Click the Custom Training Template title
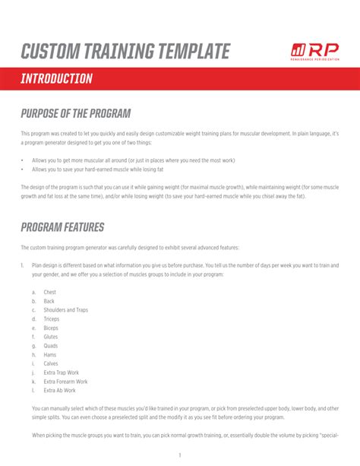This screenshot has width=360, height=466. point(125,52)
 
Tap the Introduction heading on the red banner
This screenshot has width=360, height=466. point(57,79)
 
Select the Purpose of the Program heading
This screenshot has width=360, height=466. point(76,113)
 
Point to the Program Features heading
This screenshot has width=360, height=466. point(62,227)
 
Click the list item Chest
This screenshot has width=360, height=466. point(50,292)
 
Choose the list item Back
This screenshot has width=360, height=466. point(49,301)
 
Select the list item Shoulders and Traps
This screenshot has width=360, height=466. point(65,310)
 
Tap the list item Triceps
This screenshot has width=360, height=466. point(52,319)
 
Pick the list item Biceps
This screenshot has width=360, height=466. point(51,328)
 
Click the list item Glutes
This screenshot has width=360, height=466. point(51,337)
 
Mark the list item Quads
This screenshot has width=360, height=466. point(51,346)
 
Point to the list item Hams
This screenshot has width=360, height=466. point(50,354)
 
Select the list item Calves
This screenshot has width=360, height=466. point(51,363)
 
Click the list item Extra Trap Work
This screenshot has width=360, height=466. point(62,372)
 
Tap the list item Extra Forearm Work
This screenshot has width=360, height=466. point(65,382)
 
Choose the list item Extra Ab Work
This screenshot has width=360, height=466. point(60,390)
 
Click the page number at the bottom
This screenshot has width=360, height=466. point(180,455)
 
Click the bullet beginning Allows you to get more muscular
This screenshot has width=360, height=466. point(133,160)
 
